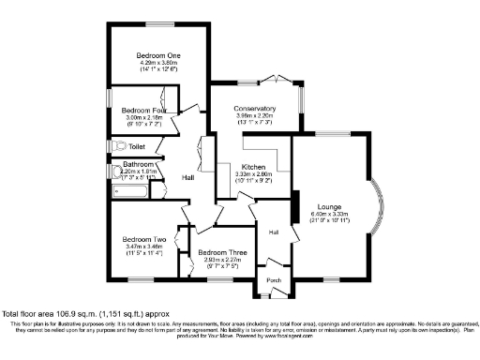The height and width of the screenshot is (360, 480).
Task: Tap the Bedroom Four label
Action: (144, 111)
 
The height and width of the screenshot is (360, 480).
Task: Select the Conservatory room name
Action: (254, 109)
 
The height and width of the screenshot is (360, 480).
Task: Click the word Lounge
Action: (329, 206)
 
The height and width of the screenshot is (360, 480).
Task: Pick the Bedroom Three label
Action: (222, 254)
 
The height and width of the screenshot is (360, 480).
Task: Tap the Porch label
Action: (274, 280)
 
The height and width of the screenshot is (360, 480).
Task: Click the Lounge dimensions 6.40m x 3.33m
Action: (329, 214)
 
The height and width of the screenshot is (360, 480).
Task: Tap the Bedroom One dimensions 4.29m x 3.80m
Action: (158, 63)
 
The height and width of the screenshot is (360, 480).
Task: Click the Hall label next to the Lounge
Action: (275, 232)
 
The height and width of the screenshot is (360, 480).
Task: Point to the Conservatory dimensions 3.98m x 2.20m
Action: (254, 116)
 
